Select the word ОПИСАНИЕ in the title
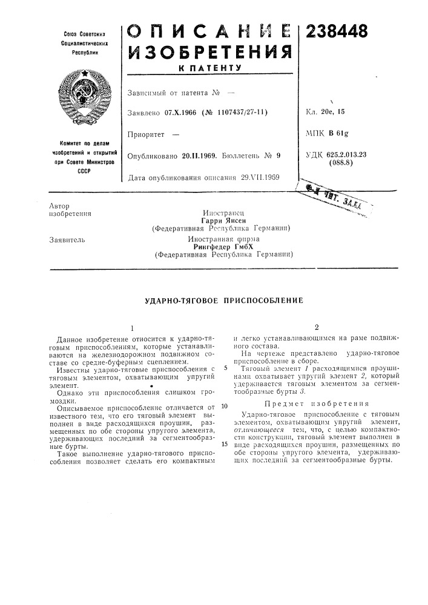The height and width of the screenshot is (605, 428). [209, 27]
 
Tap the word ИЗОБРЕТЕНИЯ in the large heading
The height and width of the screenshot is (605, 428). [209, 51]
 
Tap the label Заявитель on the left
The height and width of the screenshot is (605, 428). [67, 240]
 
